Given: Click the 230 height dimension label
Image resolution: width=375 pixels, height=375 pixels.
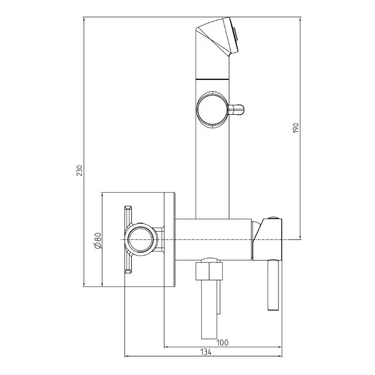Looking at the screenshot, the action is click(79, 171).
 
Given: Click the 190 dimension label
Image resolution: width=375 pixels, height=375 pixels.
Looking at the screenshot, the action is click(296, 128).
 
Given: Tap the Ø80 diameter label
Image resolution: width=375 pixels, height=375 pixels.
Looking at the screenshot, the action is click(98, 240).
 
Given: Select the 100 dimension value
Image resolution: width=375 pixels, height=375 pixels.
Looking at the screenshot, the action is click(222, 343).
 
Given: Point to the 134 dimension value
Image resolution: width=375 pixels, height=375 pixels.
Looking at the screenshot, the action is click(206, 352).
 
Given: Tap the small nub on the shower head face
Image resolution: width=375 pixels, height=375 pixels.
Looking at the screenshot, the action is click(236, 34).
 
